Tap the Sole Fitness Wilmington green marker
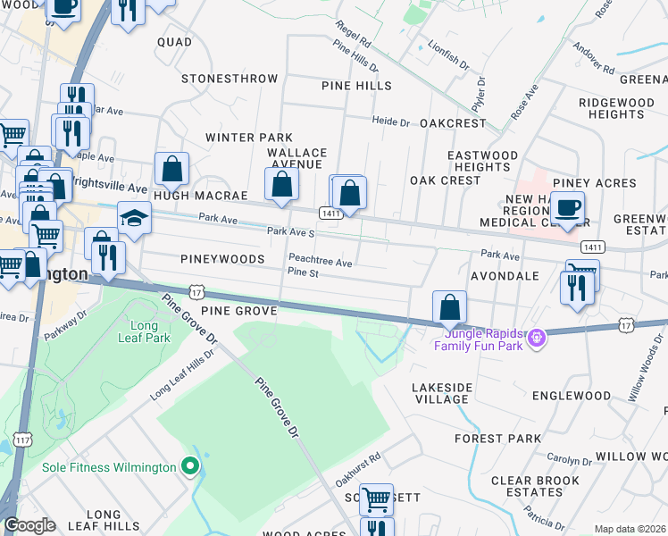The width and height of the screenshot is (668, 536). coord(188,466)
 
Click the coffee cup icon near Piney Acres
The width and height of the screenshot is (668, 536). coord(567,207)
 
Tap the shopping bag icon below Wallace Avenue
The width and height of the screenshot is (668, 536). coord(281,184)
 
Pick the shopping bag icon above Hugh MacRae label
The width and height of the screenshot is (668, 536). coord(171,168)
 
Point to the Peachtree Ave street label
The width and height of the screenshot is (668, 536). coord(320,264)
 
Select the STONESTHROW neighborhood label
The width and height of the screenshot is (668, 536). coord(230,79)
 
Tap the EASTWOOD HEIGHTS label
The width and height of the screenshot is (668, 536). coord(482,161)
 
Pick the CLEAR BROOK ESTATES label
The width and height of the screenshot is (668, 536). coord(527,486)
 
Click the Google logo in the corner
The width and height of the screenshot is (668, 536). coord(29,525)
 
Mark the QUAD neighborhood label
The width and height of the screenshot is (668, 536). coord(174,42)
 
